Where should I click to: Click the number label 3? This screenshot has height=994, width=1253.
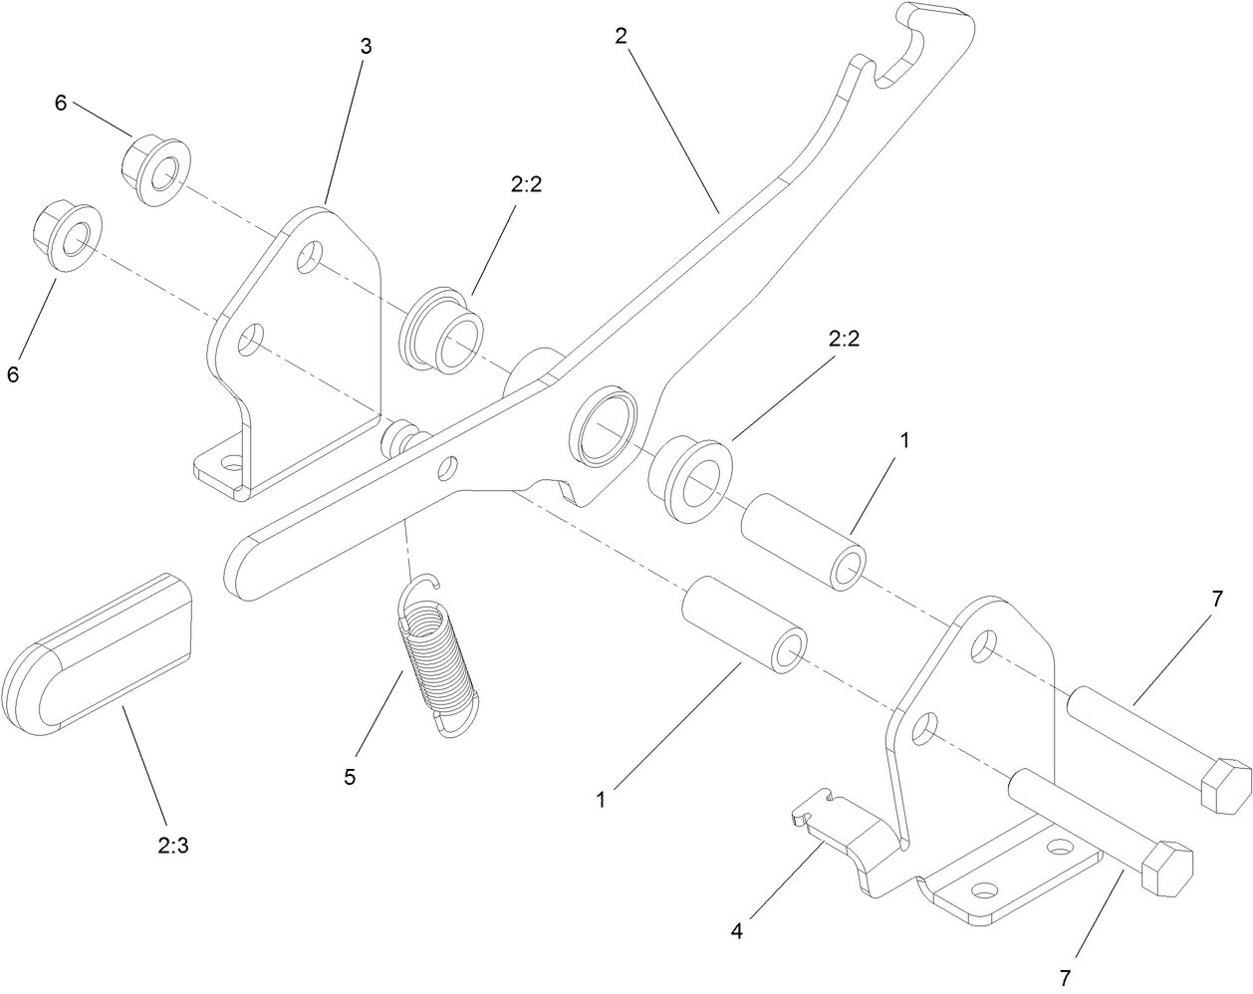coord(366,45)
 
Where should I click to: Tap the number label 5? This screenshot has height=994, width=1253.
coord(349,777)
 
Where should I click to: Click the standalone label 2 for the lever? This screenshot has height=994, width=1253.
coord(621,35)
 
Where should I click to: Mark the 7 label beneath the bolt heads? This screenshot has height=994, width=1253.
coord(1067,976)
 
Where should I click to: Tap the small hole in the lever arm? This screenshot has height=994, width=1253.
coord(449,465)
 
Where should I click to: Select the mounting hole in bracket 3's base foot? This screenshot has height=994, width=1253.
coord(232,463)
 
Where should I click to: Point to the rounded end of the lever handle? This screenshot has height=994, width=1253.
coord(244,568)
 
